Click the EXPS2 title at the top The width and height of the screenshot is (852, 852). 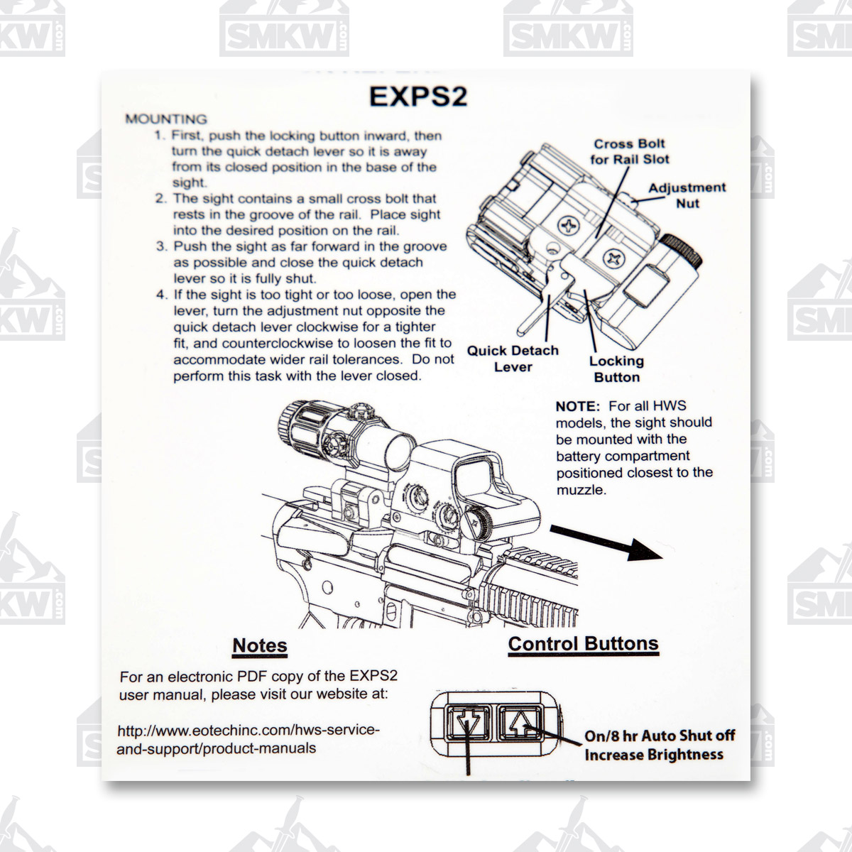click(x=418, y=96)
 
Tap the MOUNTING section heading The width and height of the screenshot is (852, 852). click(x=166, y=119)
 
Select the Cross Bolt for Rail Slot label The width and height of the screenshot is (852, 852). click(x=629, y=152)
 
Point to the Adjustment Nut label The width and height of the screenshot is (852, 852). click(x=687, y=195)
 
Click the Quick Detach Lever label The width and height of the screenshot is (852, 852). click(x=513, y=359)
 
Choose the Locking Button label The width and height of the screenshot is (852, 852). click(x=617, y=368)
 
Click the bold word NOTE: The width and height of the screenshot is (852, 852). click(x=577, y=406)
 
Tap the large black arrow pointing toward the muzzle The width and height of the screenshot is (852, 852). click(x=606, y=543)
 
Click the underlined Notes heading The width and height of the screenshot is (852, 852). click(x=260, y=645)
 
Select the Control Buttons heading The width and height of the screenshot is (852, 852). click(x=583, y=644)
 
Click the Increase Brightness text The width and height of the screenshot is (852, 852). click(x=654, y=755)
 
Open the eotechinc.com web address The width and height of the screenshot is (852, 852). click(x=248, y=739)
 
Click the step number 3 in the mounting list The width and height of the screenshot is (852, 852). click(x=161, y=246)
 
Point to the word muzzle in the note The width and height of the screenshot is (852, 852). click(x=581, y=490)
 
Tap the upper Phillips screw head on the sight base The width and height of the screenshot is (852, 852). click(x=569, y=226)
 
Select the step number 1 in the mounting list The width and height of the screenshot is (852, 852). click(x=160, y=136)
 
